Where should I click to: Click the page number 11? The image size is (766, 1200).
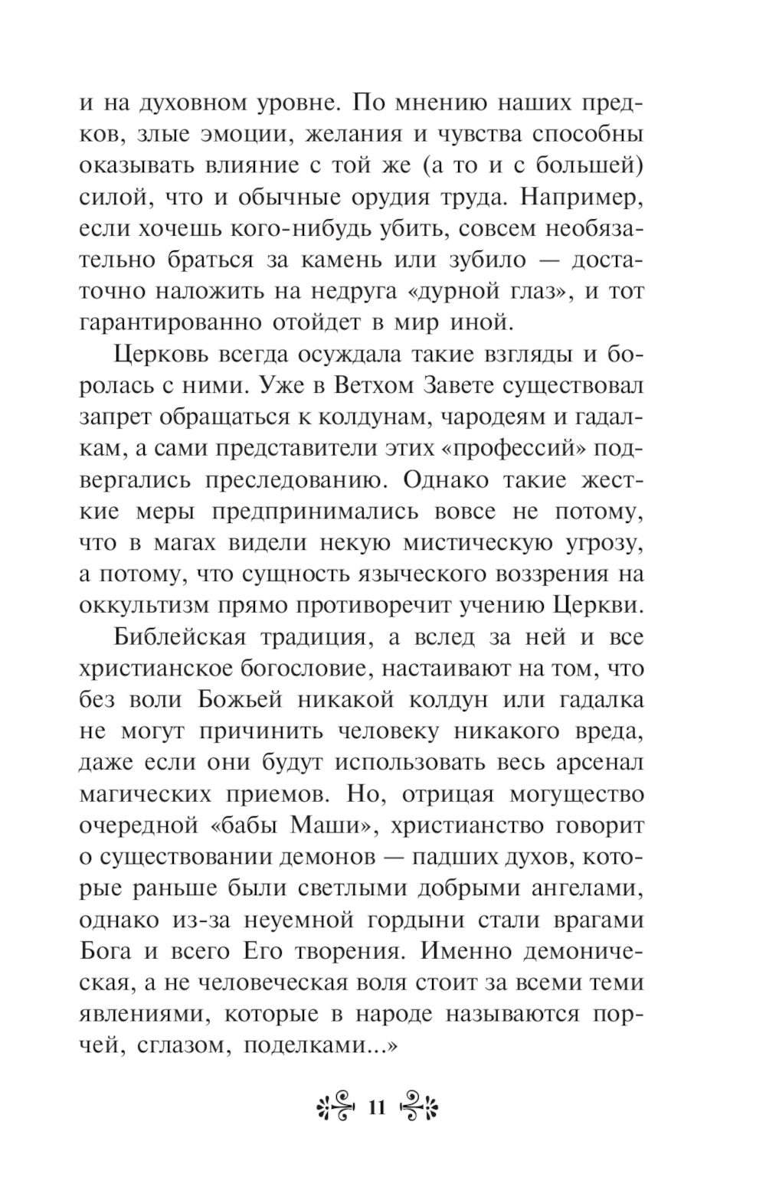click(x=377, y=1108)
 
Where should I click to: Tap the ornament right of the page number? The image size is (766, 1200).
click(x=417, y=1107)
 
